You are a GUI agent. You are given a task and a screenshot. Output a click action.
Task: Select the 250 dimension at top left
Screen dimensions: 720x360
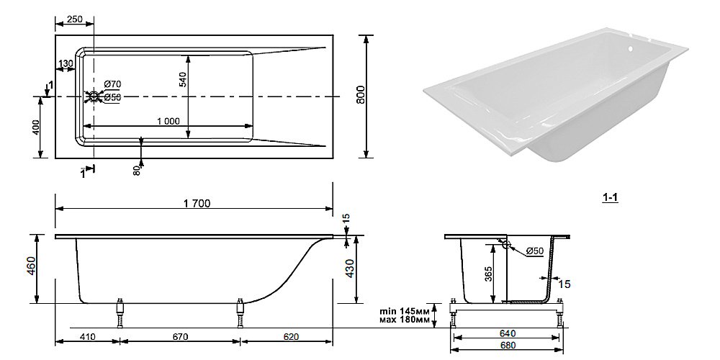point(74,19)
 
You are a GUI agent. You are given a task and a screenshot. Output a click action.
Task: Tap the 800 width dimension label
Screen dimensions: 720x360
point(361,94)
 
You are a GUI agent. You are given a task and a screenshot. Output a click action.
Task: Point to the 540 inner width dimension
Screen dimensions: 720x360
point(182,79)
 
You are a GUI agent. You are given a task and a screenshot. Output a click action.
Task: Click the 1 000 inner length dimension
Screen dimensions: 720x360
point(168,121)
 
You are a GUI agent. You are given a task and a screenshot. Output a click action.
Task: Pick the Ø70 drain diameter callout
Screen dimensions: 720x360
point(112,84)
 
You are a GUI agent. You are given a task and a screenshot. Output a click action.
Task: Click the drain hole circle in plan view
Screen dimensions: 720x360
point(94,96)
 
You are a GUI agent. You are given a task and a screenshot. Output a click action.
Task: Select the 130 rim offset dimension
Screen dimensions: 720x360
point(66,63)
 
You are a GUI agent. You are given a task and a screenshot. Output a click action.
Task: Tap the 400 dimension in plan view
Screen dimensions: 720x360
point(36,127)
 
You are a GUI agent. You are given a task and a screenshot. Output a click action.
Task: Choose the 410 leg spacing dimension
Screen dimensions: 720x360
point(88,337)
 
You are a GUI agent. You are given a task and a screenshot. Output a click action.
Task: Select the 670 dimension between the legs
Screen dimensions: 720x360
point(181,337)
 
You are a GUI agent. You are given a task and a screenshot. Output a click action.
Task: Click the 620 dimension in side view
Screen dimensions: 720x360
point(291,337)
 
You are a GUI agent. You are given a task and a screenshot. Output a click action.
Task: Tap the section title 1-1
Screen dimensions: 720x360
point(611,198)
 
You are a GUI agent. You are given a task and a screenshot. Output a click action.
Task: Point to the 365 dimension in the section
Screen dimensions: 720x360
point(488,276)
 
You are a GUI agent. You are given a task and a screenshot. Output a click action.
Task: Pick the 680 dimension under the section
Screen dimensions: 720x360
point(507,346)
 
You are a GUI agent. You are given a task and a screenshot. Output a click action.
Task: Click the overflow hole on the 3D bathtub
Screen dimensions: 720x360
point(631,48)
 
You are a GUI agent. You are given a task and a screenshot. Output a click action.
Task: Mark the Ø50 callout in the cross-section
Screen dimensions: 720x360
point(535,251)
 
